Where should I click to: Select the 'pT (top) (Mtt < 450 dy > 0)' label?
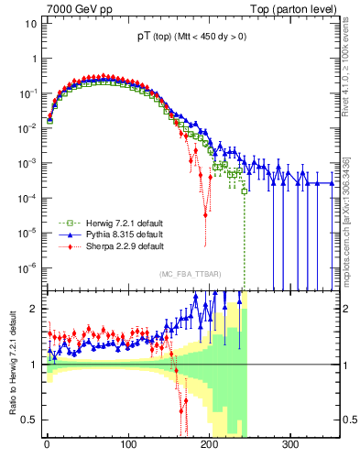click(x=191, y=38)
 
